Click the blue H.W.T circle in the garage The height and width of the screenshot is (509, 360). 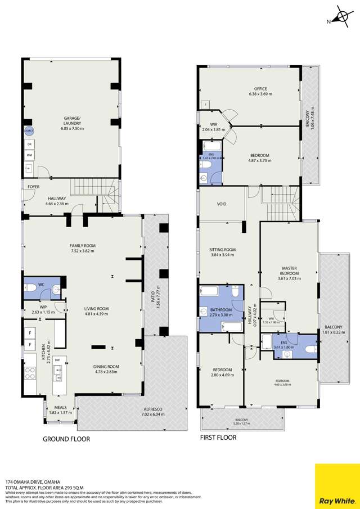[29, 131]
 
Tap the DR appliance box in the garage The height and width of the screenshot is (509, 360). [29, 143]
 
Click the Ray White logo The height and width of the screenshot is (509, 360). [337, 485]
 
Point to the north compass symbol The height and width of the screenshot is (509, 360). [339, 17]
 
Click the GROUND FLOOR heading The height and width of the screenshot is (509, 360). [67, 439]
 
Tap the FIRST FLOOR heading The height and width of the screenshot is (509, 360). [218, 437]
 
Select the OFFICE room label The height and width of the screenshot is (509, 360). [260, 89]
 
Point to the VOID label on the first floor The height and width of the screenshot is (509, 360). [221, 204]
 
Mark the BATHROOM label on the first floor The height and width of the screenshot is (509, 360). [221, 310]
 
